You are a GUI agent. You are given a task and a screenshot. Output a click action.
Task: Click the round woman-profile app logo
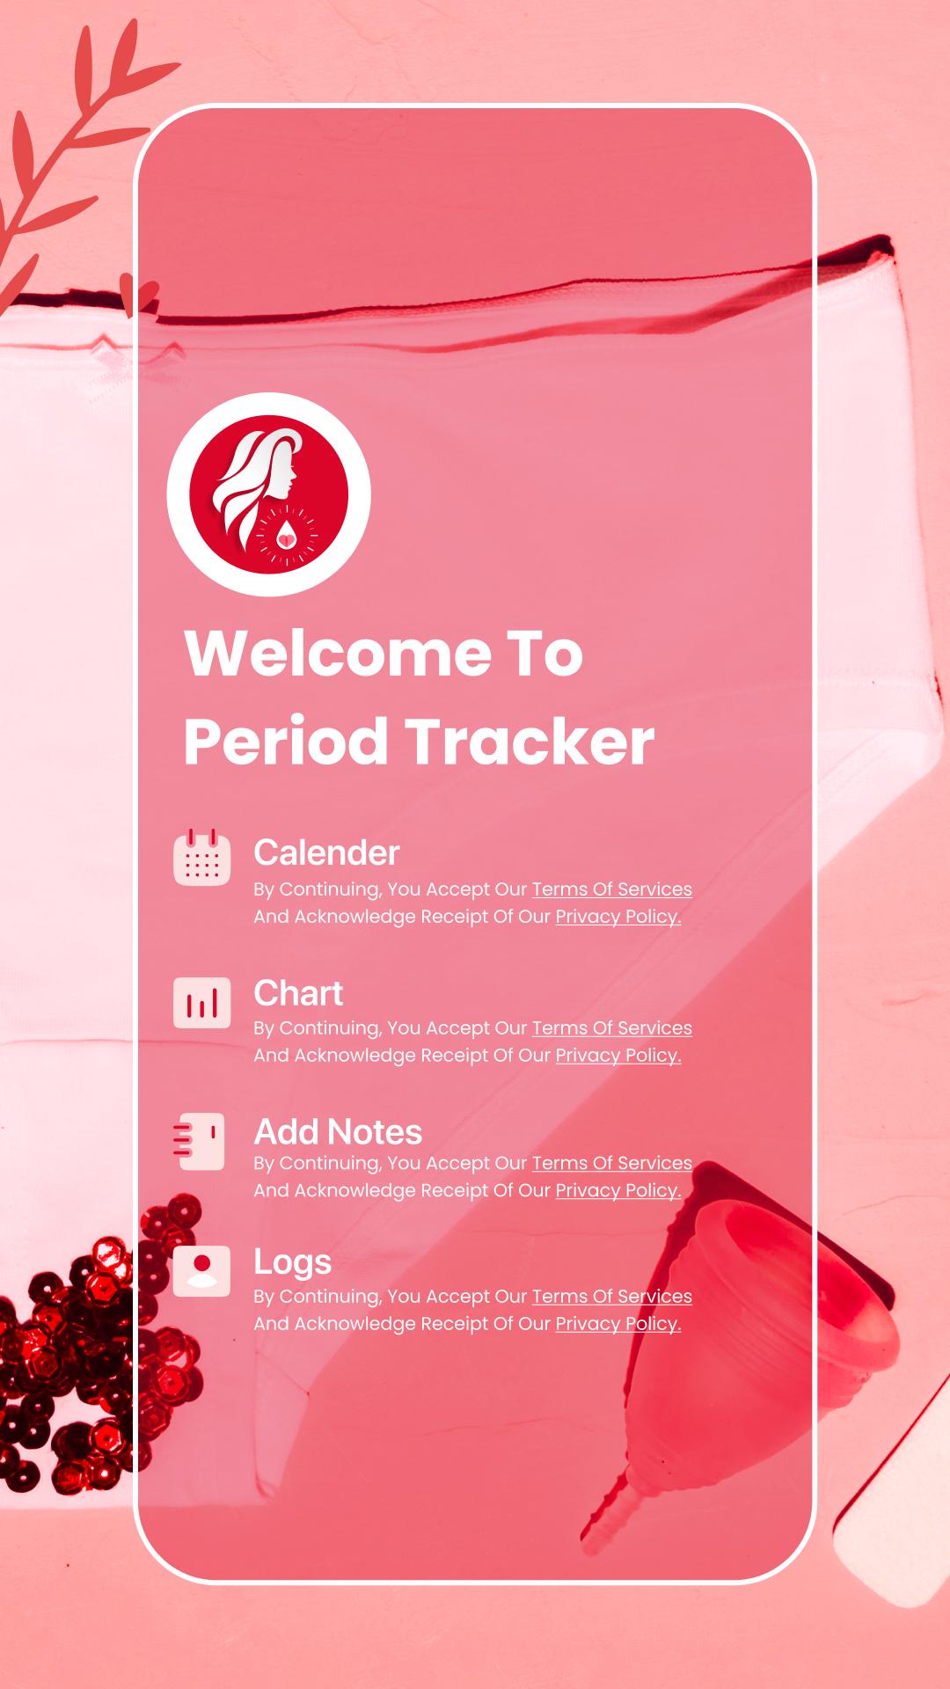tap(269, 494)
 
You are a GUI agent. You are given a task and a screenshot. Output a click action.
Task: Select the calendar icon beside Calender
tap(202, 857)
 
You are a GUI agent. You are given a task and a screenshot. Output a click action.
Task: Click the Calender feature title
tap(326, 852)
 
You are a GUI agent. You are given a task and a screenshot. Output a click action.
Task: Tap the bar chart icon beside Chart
tap(202, 1002)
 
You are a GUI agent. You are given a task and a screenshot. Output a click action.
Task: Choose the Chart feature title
tap(298, 993)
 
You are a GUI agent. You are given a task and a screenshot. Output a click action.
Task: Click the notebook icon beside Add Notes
tap(200, 1141)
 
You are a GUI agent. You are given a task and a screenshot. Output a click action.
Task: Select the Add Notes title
tap(338, 1132)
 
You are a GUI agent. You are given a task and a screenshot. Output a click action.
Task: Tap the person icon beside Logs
tap(202, 1270)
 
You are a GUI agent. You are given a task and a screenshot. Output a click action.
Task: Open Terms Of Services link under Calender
tap(612, 889)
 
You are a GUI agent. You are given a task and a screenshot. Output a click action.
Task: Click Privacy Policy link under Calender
tap(618, 917)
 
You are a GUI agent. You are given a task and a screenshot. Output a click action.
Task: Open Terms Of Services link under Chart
tap(612, 1028)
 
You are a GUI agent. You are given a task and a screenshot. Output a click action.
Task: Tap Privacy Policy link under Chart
tap(618, 1056)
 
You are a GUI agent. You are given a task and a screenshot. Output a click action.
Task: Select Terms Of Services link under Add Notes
tap(612, 1163)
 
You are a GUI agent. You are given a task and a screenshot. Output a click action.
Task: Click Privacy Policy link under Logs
tap(618, 1324)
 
